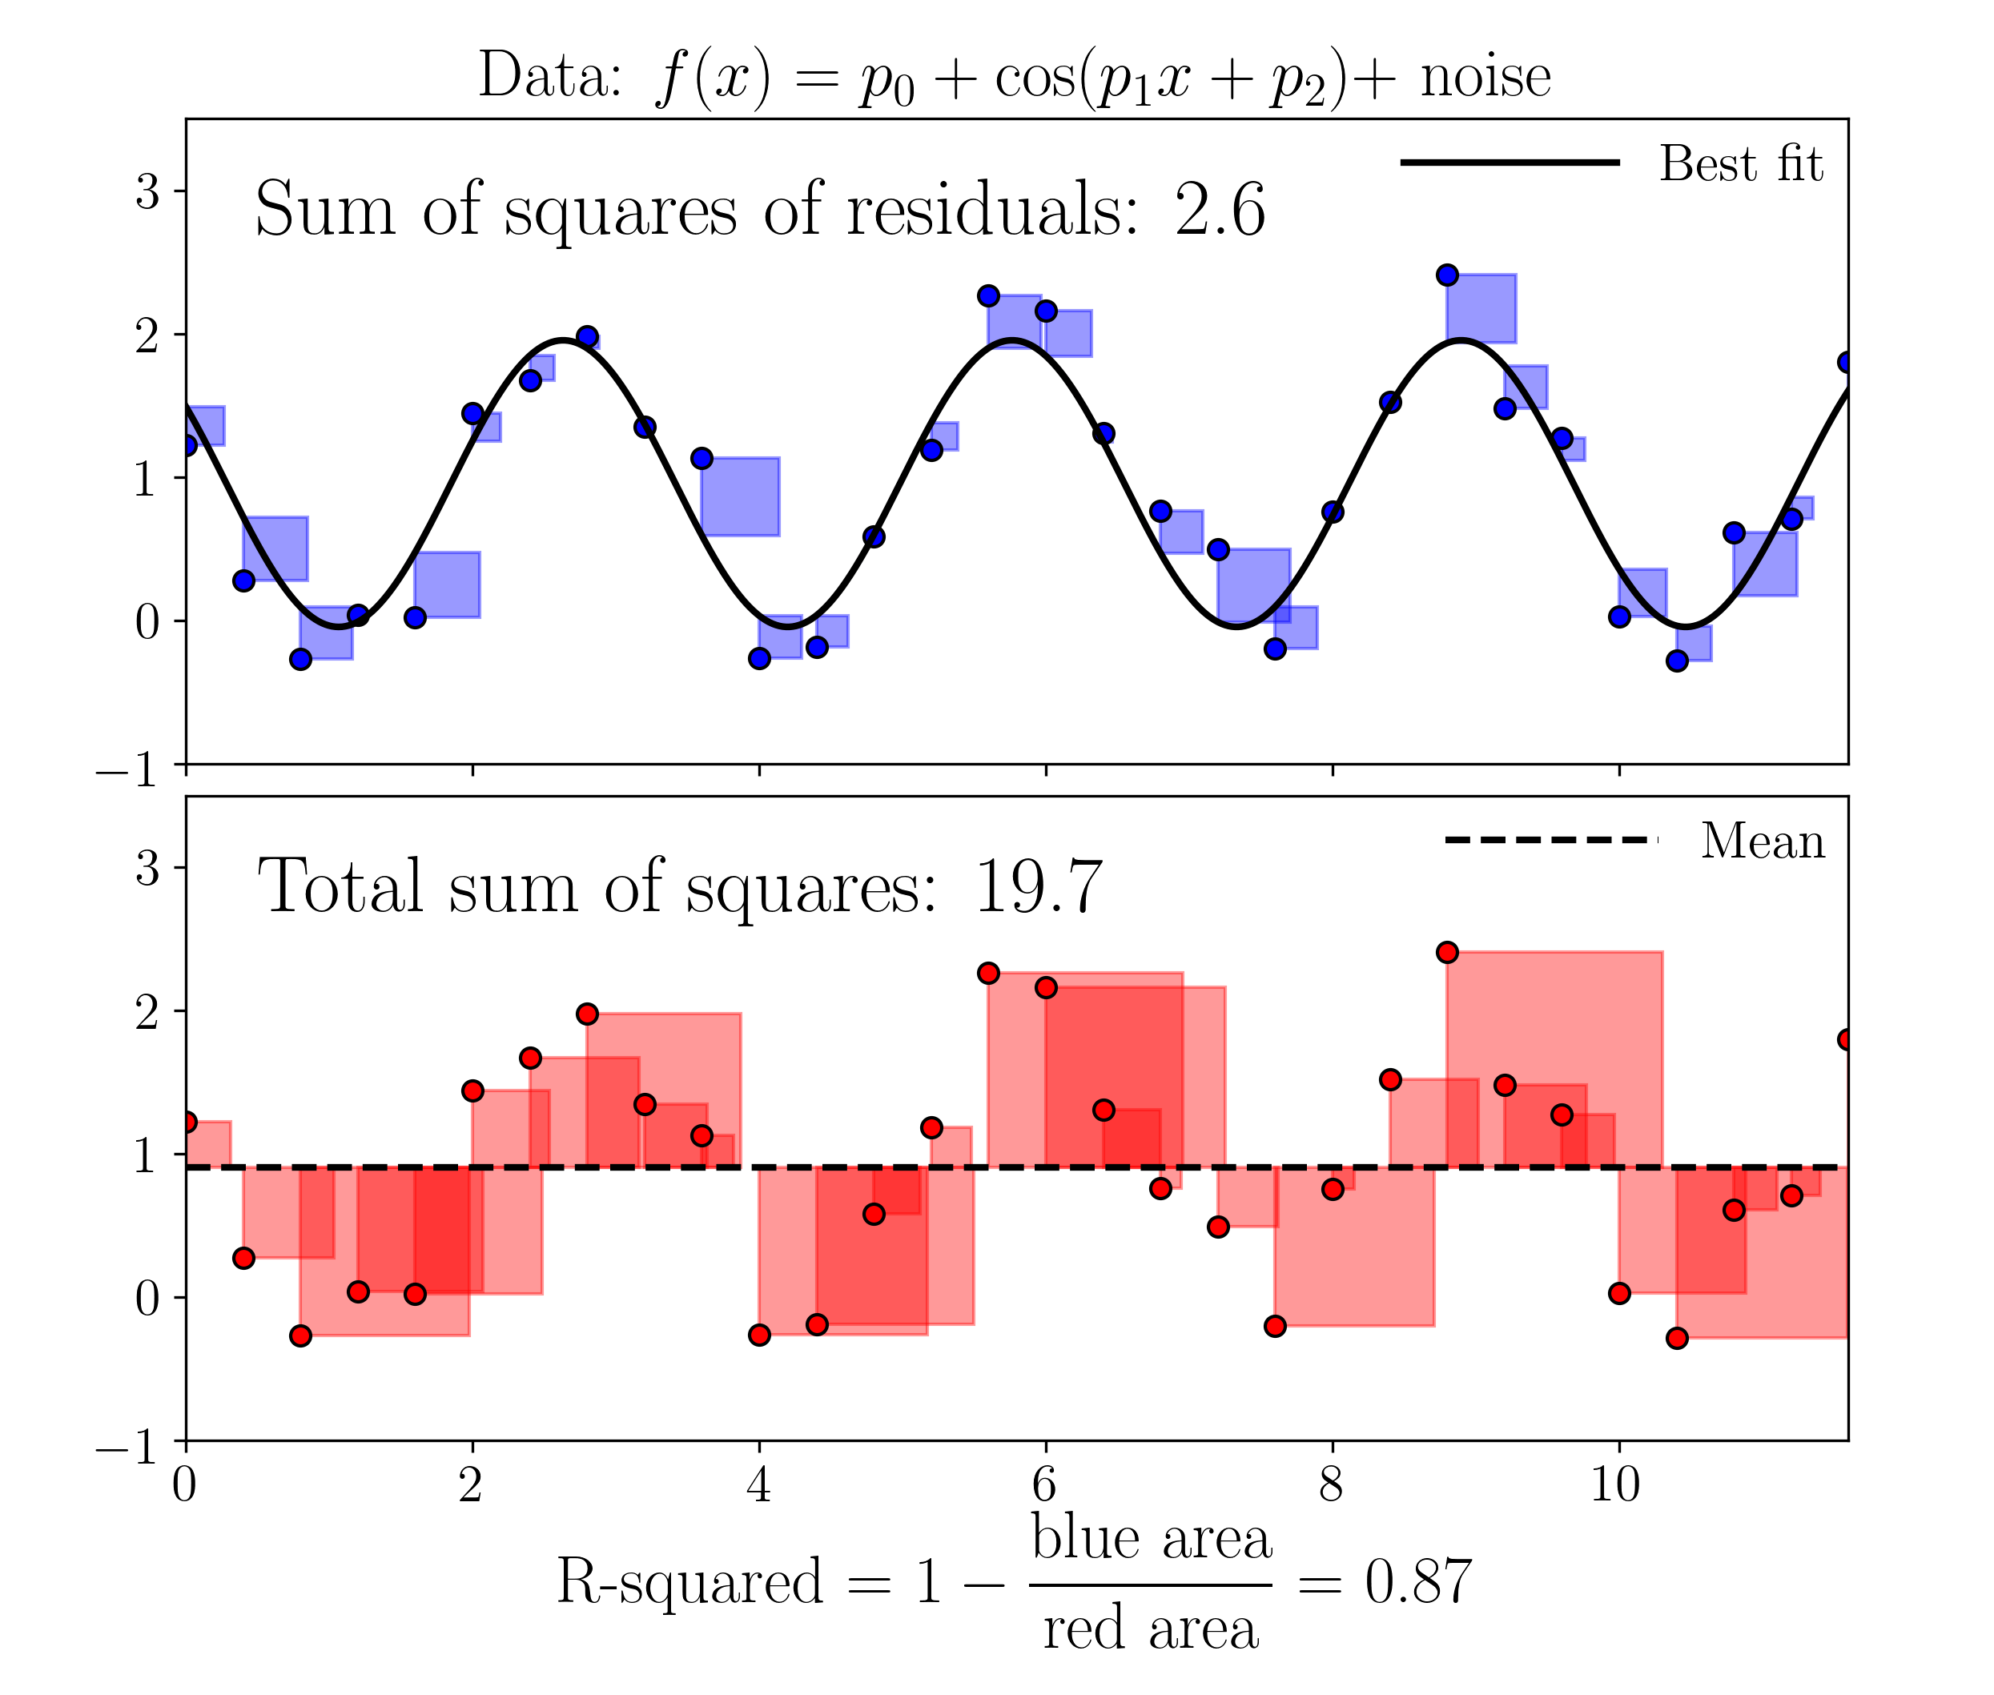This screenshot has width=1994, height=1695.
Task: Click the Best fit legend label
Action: tap(1739, 163)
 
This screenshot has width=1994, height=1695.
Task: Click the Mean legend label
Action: tap(1762, 841)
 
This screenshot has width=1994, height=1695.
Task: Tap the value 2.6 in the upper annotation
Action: tap(1219, 210)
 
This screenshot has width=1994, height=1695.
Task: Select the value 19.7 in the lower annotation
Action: tap(1037, 886)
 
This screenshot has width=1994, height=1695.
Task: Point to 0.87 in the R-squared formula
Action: tap(1417, 1581)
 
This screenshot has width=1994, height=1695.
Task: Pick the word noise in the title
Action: tap(1485, 77)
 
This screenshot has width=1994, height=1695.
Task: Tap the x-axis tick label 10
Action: tap(1615, 1485)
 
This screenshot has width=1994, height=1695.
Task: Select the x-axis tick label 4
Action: tap(758, 1485)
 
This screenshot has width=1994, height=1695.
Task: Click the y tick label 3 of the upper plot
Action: tap(147, 191)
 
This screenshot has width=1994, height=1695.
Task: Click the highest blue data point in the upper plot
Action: tap(1446, 275)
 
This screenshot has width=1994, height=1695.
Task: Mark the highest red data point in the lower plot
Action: tap(1446, 952)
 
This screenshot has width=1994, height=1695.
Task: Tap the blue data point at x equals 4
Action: tap(759, 658)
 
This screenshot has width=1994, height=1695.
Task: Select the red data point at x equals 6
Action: tap(1046, 987)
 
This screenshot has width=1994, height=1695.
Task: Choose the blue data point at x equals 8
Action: tap(1332, 511)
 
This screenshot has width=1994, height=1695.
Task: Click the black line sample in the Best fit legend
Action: tap(1509, 163)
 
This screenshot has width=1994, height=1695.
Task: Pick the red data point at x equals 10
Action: tap(1618, 1293)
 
